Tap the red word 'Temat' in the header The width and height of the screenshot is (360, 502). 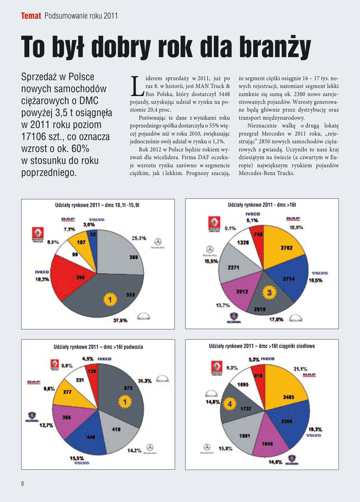[x=31, y=16]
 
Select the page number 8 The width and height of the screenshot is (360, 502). [x=23, y=484]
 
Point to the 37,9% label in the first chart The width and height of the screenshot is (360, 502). [x=120, y=320]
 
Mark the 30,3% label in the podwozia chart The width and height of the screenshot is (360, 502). [x=144, y=380]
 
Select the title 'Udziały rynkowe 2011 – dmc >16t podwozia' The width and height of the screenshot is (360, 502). [x=98, y=347]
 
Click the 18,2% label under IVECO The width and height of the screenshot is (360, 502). [x=42, y=279]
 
